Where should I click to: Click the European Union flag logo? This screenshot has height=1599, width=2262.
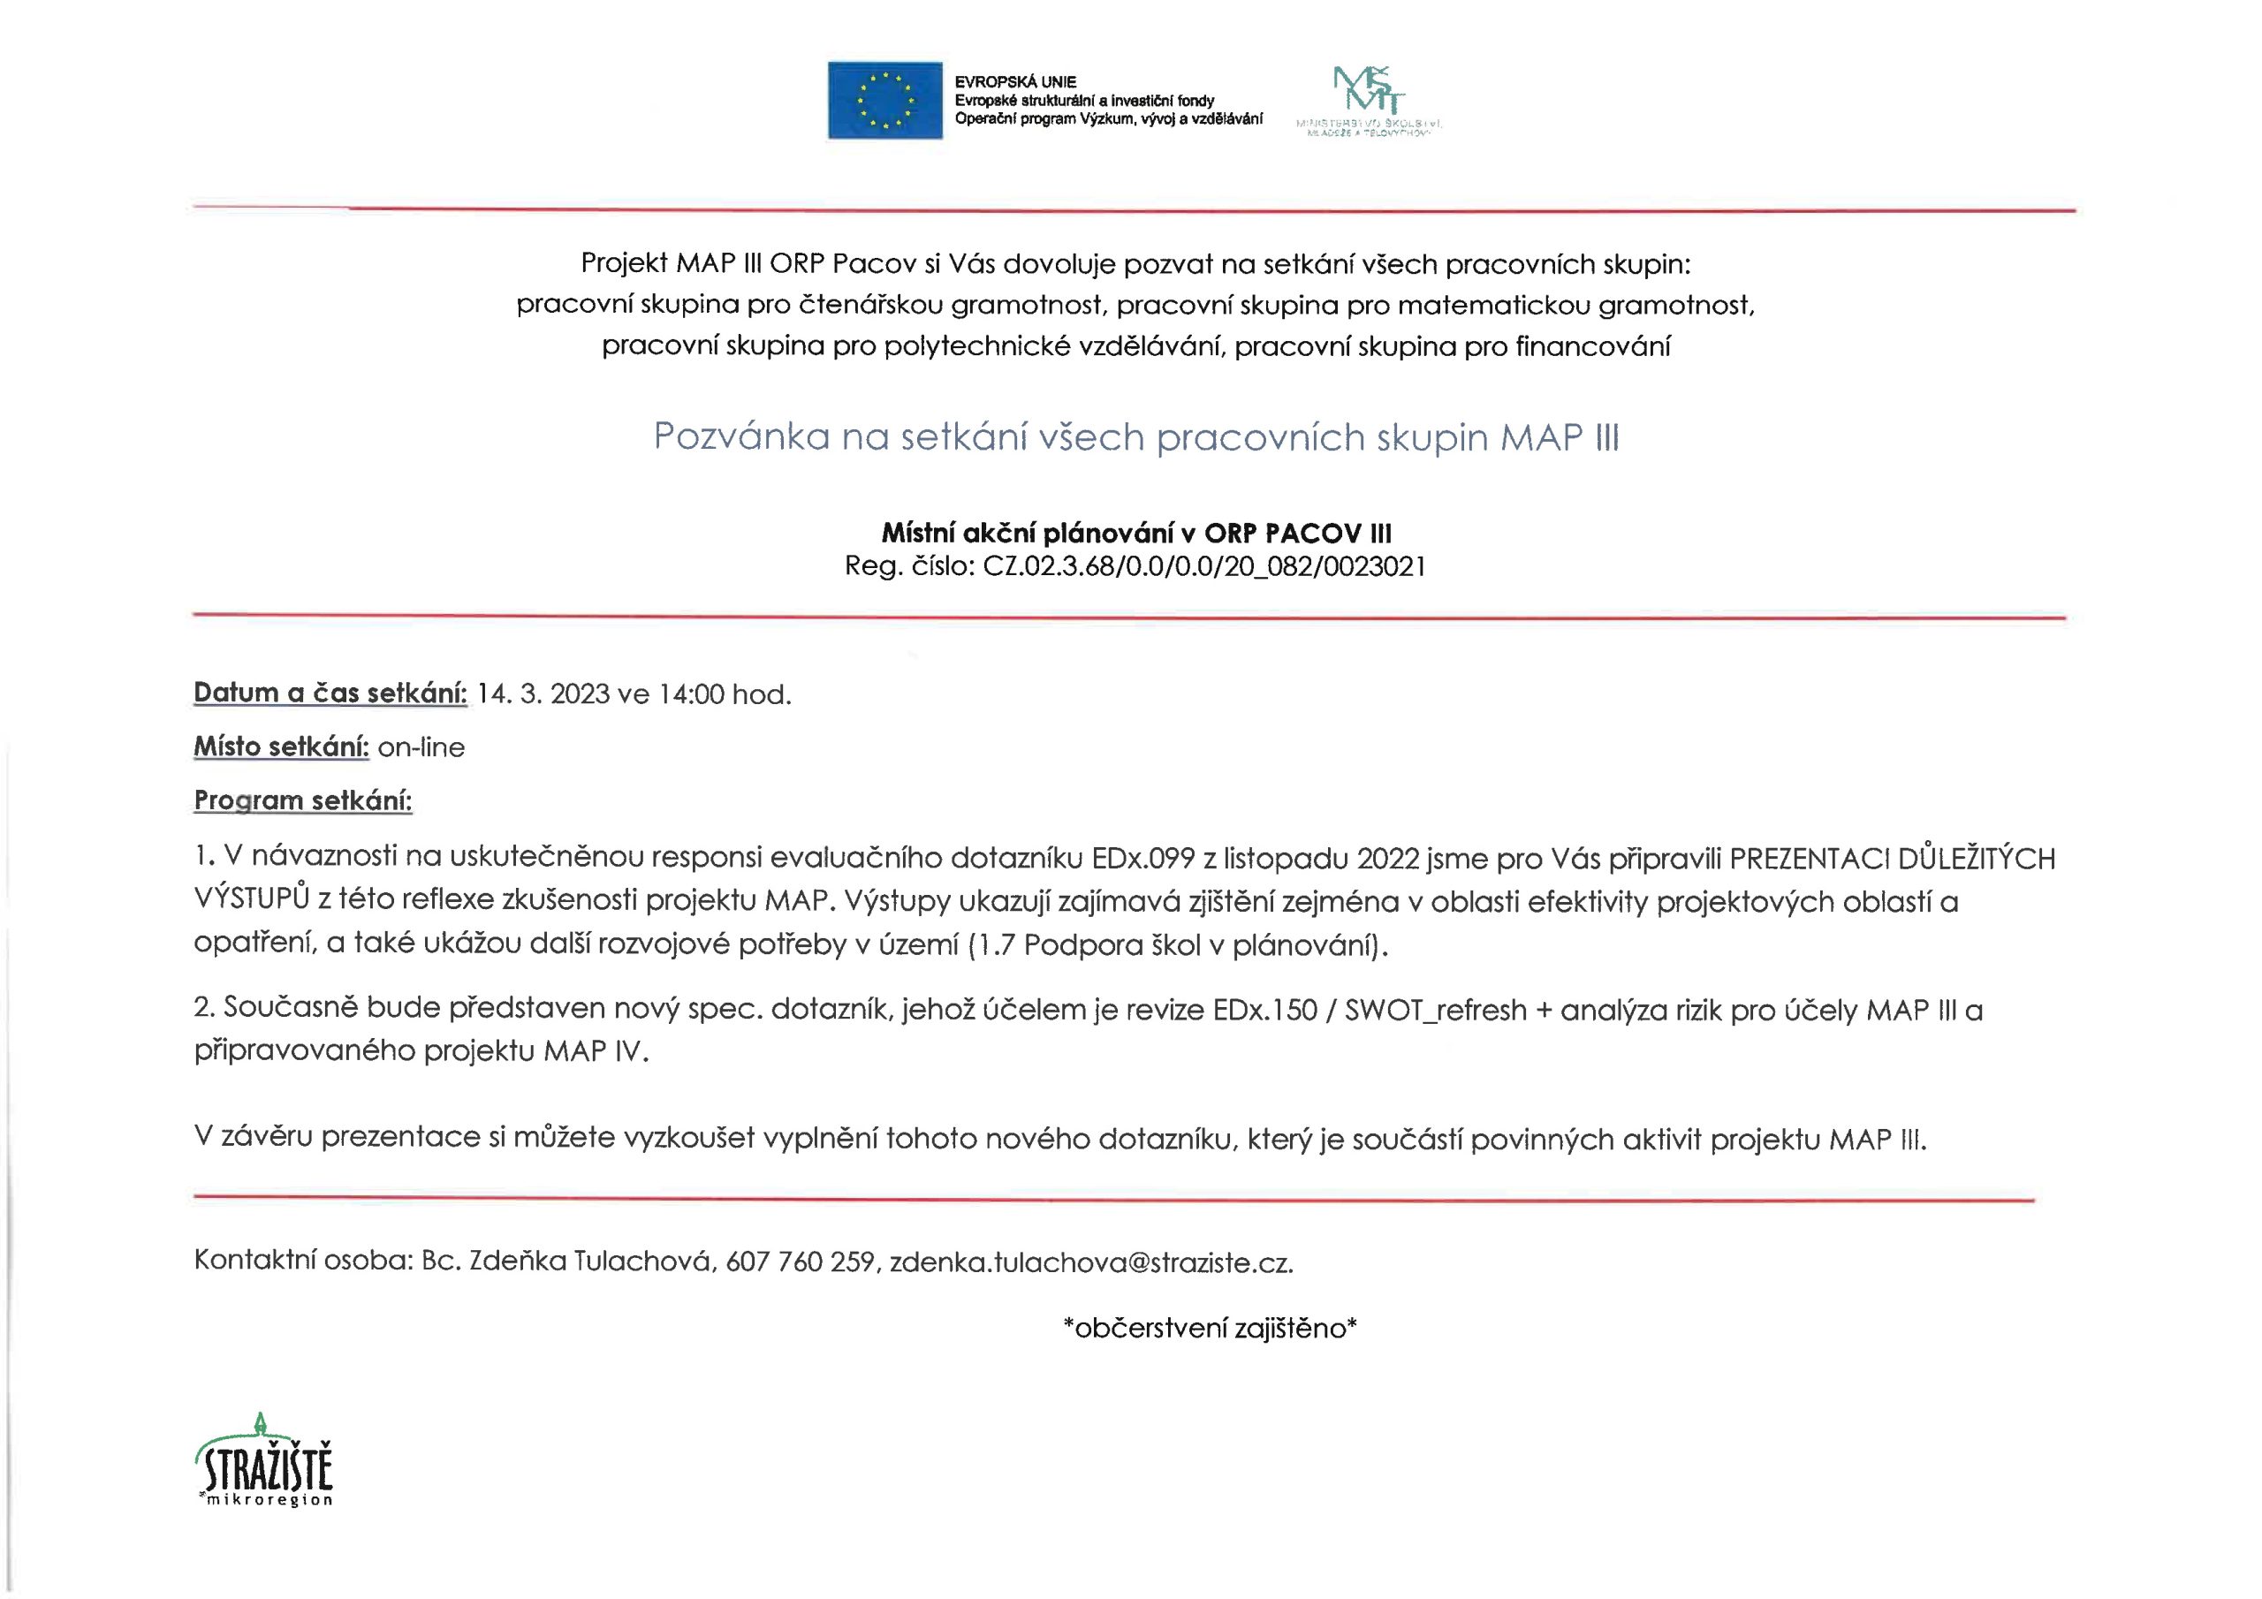pos(884,101)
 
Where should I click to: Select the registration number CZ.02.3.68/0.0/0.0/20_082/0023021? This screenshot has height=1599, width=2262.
pos(1204,566)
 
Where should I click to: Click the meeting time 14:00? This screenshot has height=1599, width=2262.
pos(692,694)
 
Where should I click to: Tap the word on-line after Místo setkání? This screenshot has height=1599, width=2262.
pos(421,746)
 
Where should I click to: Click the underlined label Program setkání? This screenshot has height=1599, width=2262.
pos(302,800)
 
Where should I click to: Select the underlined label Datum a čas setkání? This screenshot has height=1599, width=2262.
pos(330,693)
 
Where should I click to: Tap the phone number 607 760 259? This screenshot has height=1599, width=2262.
pos(800,1262)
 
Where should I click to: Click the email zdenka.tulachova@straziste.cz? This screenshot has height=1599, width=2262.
pos(1090,1262)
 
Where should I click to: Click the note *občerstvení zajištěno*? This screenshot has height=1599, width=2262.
pos(1210,1329)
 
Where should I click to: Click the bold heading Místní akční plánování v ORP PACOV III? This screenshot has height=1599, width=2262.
pos(1136,534)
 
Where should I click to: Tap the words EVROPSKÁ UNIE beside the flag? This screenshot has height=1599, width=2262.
pos(1014,82)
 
